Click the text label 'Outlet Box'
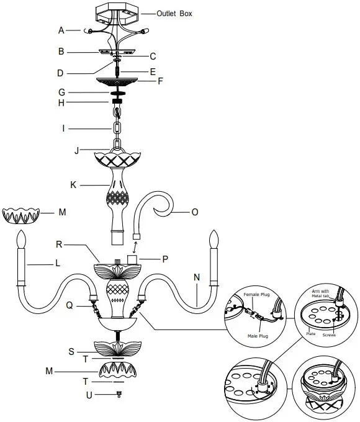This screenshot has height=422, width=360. (174, 14)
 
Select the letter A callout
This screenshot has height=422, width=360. (61, 30)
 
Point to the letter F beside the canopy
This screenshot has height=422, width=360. (160, 80)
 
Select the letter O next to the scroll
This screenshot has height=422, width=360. (194, 212)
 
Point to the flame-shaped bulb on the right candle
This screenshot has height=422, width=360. (215, 240)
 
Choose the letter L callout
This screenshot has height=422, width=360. (57, 263)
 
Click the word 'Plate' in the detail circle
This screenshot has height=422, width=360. (311, 333)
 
